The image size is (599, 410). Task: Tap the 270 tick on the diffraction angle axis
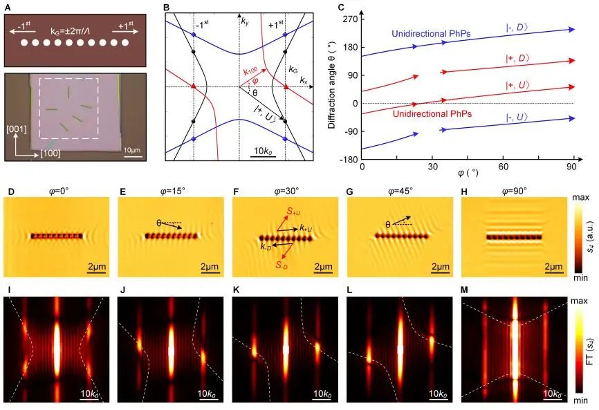pyautogui.click(x=352, y=19)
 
